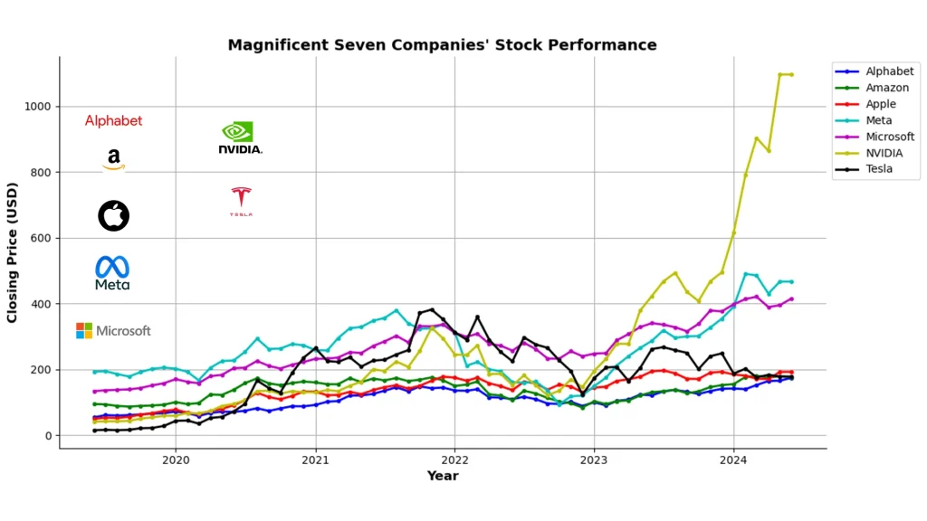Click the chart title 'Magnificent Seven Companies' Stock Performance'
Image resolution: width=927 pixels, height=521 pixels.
(x=442, y=44)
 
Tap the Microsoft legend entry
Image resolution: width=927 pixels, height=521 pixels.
(x=890, y=137)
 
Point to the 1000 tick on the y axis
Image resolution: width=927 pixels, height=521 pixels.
(x=38, y=107)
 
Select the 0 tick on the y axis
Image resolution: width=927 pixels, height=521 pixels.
(x=49, y=436)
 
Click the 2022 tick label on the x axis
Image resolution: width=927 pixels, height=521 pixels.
(x=454, y=459)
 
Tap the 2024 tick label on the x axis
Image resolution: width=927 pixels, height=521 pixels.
(x=733, y=459)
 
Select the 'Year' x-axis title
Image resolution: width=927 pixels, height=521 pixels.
(x=443, y=476)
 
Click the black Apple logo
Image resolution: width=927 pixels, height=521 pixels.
(x=114, y=215)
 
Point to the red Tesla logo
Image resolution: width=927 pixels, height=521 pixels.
(x=241, y=201)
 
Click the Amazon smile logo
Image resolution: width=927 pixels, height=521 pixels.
(x=113, y=160)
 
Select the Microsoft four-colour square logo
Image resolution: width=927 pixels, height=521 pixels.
(x=84, y=331)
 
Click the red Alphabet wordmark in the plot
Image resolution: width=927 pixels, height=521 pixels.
(x=113, y=121)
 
